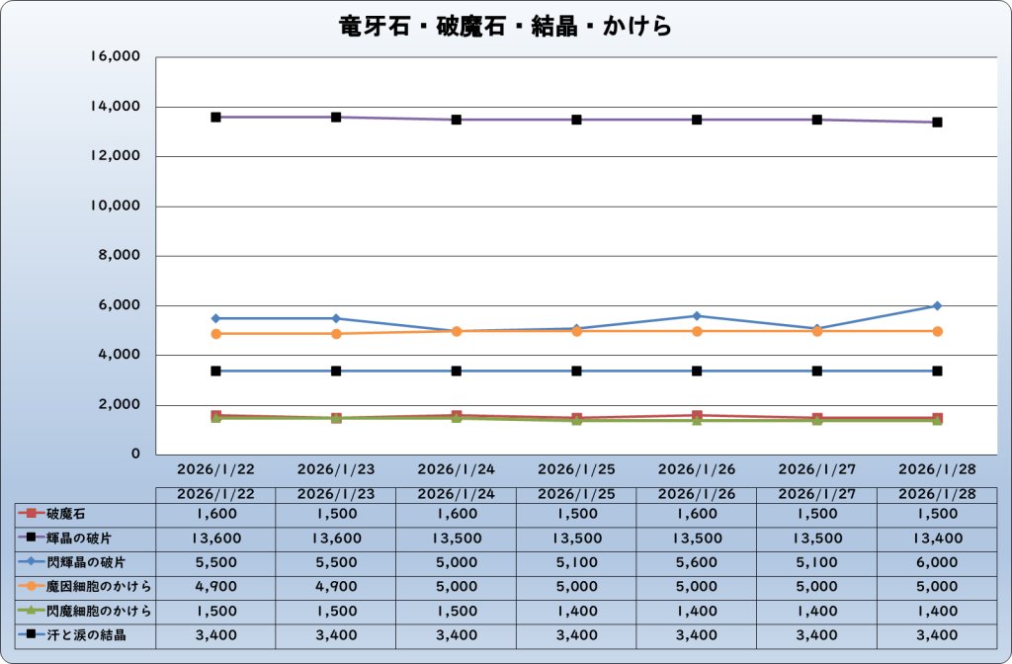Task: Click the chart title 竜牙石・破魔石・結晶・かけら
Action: (505, 26)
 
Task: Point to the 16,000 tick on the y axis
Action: (116, 57)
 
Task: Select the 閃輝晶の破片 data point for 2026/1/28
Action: (937, 306)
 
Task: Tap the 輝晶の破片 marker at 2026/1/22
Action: (215, 117)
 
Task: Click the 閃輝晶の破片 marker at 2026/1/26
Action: (697, 316)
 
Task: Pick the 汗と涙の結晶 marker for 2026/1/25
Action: (576, 371)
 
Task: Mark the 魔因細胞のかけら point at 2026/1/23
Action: (336, 334)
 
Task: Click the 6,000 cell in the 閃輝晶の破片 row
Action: (937, 562)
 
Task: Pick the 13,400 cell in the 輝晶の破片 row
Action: (937, 538)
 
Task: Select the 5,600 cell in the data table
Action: (697, 562)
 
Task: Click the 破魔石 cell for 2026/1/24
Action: (456, 514)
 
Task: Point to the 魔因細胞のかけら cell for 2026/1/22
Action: (215, 586)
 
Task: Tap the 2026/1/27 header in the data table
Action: (816, 493)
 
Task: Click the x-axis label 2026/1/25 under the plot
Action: (576, 467)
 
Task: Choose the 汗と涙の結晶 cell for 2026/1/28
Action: (937, 634)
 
